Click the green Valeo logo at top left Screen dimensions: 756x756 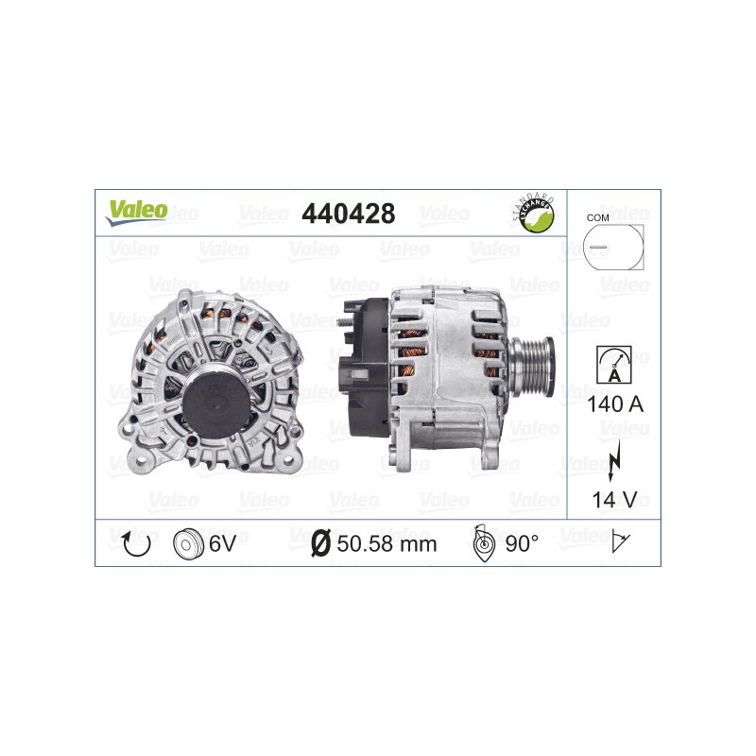tap(136, 212)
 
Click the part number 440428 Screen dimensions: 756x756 tap(347, 215)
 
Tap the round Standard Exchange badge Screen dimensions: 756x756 tap(532, 215)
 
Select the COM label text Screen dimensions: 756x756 tap(597, 217)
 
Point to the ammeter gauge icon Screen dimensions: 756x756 tap(612, 364)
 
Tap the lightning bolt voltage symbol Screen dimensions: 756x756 tap(614, 455)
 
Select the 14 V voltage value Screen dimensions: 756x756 tap(613, 498)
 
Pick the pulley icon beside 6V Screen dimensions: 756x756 tap(188, 542)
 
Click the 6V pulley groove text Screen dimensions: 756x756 tap(224, 542)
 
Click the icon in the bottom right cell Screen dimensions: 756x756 tap(622, 542)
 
